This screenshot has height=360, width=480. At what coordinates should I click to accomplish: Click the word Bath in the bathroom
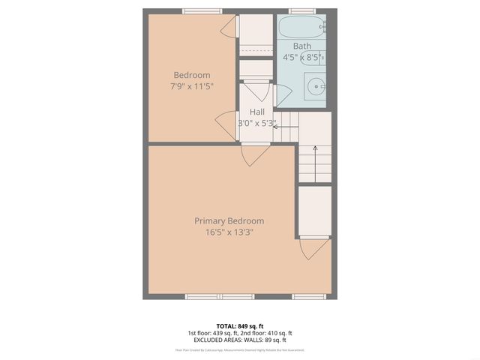[x=302, y=46]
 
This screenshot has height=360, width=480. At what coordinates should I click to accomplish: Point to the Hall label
[x=256, y=112]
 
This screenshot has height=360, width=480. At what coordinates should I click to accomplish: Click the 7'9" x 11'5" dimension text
[x=192, y=86]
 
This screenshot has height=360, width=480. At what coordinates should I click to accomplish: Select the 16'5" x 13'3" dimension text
[x=229, y=232]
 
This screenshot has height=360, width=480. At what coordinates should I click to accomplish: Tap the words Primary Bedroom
[x=229, y=220]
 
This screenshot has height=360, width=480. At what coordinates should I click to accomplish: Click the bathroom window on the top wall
[x=302, y=10]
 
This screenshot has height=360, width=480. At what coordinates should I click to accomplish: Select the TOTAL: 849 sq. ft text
[x=239, y=325]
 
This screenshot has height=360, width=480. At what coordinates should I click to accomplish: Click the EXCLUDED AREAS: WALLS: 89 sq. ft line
[x=239, y=340]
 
